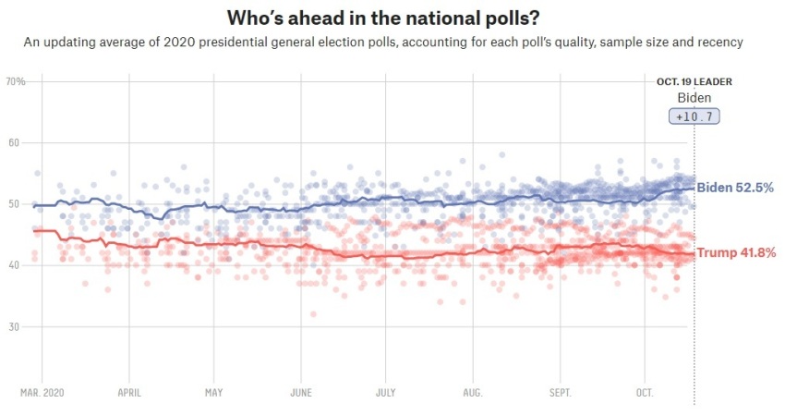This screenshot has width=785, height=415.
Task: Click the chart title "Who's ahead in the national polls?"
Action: point(392,18)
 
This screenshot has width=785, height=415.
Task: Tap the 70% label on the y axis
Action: point(16,82)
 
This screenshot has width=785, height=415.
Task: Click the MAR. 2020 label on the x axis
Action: point(42,393)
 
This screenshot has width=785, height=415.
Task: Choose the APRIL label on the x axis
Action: point(129,393)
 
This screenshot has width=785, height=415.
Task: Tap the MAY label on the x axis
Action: point(213,393)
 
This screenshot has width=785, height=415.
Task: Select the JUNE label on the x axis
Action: point(300,393)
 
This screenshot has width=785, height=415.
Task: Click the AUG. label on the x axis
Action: point(472,393)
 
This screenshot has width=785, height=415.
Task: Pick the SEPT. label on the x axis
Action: point(560,393)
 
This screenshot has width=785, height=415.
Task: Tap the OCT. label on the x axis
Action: point(644,393)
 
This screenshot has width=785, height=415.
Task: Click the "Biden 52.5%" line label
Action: point(735,189)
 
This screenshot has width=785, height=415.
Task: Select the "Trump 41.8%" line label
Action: point(735,253)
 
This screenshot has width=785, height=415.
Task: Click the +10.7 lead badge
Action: point(694,116)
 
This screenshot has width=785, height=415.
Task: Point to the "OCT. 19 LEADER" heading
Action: point(694,81)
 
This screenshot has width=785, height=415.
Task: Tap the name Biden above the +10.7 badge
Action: point(694,98)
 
